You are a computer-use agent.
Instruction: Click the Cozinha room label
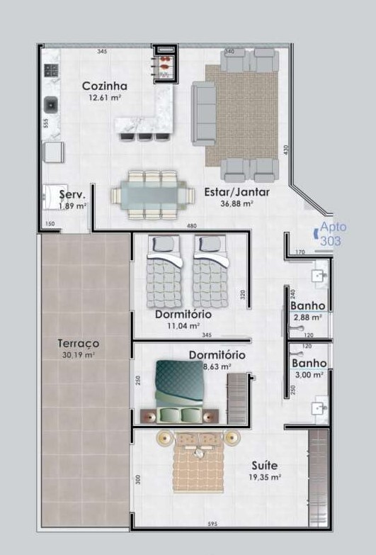[104, 86]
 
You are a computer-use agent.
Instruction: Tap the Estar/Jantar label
[237, 191]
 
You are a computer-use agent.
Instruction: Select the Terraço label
[78, 343]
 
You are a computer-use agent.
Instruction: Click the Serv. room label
[72, 194]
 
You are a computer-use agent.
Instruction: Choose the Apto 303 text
[330, 234]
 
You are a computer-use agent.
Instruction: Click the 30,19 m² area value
[79, 355]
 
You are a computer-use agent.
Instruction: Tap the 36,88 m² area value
[237, 203]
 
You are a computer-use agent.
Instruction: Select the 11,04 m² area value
[183, 325]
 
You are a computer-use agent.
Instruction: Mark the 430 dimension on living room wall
[286, 150]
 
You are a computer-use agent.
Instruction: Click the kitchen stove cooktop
[51, 70]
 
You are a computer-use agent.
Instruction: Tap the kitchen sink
[52, 106]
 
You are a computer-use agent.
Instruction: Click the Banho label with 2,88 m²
[308, 306]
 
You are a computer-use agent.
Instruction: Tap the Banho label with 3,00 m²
[309, 363]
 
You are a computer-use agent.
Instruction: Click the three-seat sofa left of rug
[204, 113]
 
